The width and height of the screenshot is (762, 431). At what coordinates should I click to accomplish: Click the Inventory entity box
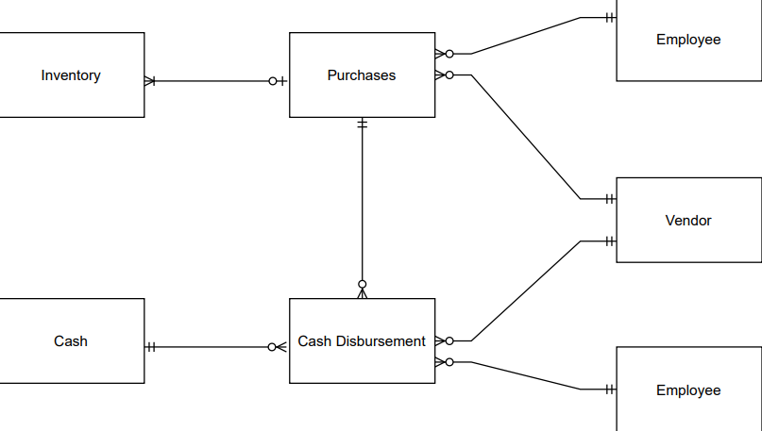click(71, 75)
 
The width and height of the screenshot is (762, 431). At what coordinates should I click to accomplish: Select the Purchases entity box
click(362, 75)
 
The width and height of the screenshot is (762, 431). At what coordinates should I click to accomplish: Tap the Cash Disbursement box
click(362, 341)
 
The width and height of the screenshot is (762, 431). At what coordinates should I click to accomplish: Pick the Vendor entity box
click(688, 221)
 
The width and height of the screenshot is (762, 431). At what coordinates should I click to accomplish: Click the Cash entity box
click(71, 341)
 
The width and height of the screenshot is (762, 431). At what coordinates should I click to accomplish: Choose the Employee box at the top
click(688, 40)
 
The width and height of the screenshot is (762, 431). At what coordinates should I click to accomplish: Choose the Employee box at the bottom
click(688, 390)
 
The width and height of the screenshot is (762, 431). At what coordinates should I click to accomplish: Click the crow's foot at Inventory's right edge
click(150, 81)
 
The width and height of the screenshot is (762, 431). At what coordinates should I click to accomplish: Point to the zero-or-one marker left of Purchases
click(277, 81)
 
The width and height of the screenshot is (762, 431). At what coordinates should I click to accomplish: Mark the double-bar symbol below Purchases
click(362, 124)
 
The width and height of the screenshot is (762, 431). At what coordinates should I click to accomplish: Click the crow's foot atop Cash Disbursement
click(362, 290)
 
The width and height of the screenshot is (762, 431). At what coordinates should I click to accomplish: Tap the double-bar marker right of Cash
click(151, 347)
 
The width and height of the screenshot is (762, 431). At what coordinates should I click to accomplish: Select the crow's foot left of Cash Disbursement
click(278, 347)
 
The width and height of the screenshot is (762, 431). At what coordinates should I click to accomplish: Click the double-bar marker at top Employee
click(610, 18)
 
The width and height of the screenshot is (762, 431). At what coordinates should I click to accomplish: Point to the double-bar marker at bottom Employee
click(610, 389)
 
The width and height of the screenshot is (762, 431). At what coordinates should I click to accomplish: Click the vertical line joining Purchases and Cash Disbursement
click(362, 203)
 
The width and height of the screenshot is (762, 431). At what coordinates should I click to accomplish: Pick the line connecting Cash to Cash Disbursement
click(208, 347)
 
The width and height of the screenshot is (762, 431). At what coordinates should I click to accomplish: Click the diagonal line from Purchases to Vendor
click(524, 136)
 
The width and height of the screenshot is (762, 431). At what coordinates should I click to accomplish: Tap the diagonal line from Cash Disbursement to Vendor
click(525, 290)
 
